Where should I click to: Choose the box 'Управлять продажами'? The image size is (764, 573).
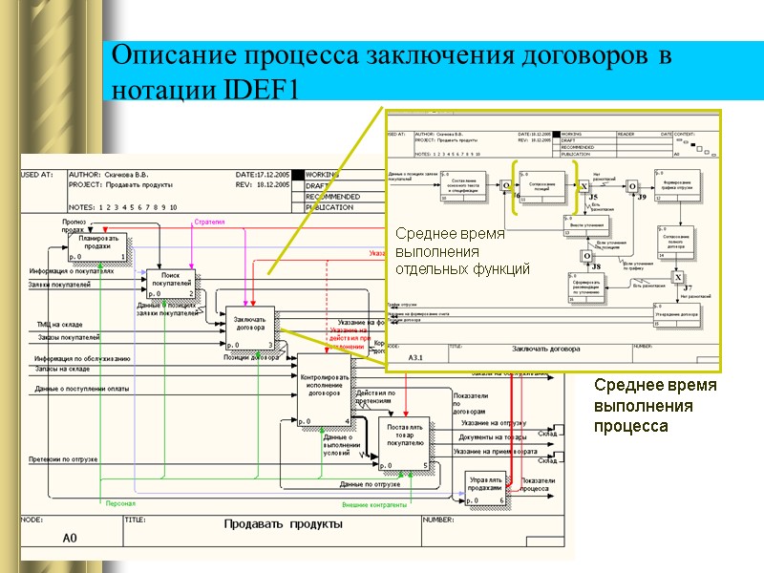485,488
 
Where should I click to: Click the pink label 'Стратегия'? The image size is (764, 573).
209,222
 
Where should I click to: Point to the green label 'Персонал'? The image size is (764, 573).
120,503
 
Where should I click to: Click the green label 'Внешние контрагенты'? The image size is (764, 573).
374,504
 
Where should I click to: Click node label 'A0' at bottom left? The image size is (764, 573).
70,539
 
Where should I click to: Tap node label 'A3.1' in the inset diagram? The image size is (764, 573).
416,357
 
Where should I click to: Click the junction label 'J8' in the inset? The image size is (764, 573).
596,266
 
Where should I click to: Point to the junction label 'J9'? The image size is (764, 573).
642,197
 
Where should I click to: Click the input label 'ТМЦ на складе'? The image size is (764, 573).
60,325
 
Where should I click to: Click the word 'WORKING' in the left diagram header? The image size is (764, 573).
323,175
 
